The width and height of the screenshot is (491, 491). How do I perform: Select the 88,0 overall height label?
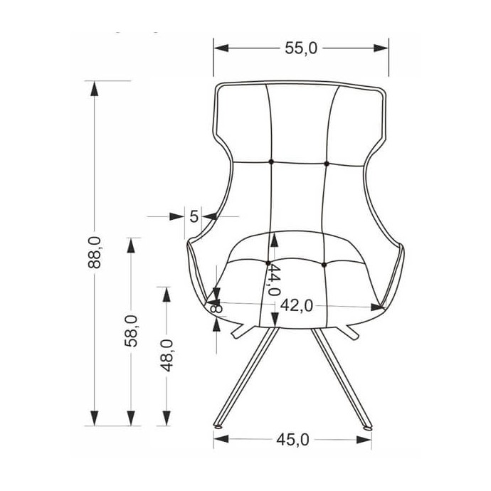pyautogui.click(x=95, y=253)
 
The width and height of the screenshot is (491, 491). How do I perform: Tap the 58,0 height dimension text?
pyautogui.click(x=131, y=331)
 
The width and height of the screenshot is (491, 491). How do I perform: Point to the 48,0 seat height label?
pyautogui.click(x=167, y=355)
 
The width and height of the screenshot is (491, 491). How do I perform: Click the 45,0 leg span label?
pyautogui.click(x=292, y=440)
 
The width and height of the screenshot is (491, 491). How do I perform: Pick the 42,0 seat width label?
pyautogui.click(x=296, y=305)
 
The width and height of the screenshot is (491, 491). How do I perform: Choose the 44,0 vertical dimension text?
pyautogui.click(x=274, y=280)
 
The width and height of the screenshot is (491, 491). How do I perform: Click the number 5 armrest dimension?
pyautogui.click(x=194, y=216)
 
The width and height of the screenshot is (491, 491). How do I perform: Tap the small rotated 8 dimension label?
pyautogui.click(x=216, y=308)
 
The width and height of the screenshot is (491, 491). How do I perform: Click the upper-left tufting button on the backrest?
pyautogui.click(x=271, y=162)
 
